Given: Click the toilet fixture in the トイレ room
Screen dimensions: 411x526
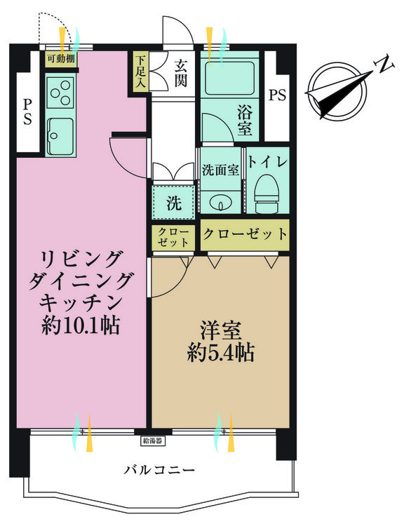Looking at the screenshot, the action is pyautogui.click(x=267, y=194).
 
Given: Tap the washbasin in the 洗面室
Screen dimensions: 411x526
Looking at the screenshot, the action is pyautogui.click(x=221, y=202).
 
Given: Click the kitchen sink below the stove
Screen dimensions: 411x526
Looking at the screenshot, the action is pyautogui.click(x=60, y=135).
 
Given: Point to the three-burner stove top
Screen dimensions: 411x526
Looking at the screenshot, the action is pyautogui.click(x=60, y=93).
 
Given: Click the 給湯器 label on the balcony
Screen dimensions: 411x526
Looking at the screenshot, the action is pyautogui.click(x=152, y=440).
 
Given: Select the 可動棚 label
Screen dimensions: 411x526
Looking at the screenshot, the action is pyautogui.click(x=60, y=59).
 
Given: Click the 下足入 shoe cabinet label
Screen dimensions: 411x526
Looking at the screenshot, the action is pyautogui.click(x=140, y=72).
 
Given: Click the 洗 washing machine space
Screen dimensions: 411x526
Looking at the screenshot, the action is pyautogui.click(x=173, y=202).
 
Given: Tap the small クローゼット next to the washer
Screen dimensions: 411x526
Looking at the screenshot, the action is pyautogui.click(x=173, y=237).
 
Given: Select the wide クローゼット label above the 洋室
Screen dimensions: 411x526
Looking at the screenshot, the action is pyautogui.click(x=245, y=234).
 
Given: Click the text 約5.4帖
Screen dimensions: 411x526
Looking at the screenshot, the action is pyautogui.click(x=221, y=352).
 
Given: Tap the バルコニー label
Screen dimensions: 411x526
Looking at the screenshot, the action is pyautogui.click(x=159, y=470).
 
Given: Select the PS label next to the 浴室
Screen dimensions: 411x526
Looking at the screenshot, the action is pyautogui.click(x=277, y=95).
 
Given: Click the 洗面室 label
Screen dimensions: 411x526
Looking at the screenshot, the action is pyautogui.click(x=220, y=170).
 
